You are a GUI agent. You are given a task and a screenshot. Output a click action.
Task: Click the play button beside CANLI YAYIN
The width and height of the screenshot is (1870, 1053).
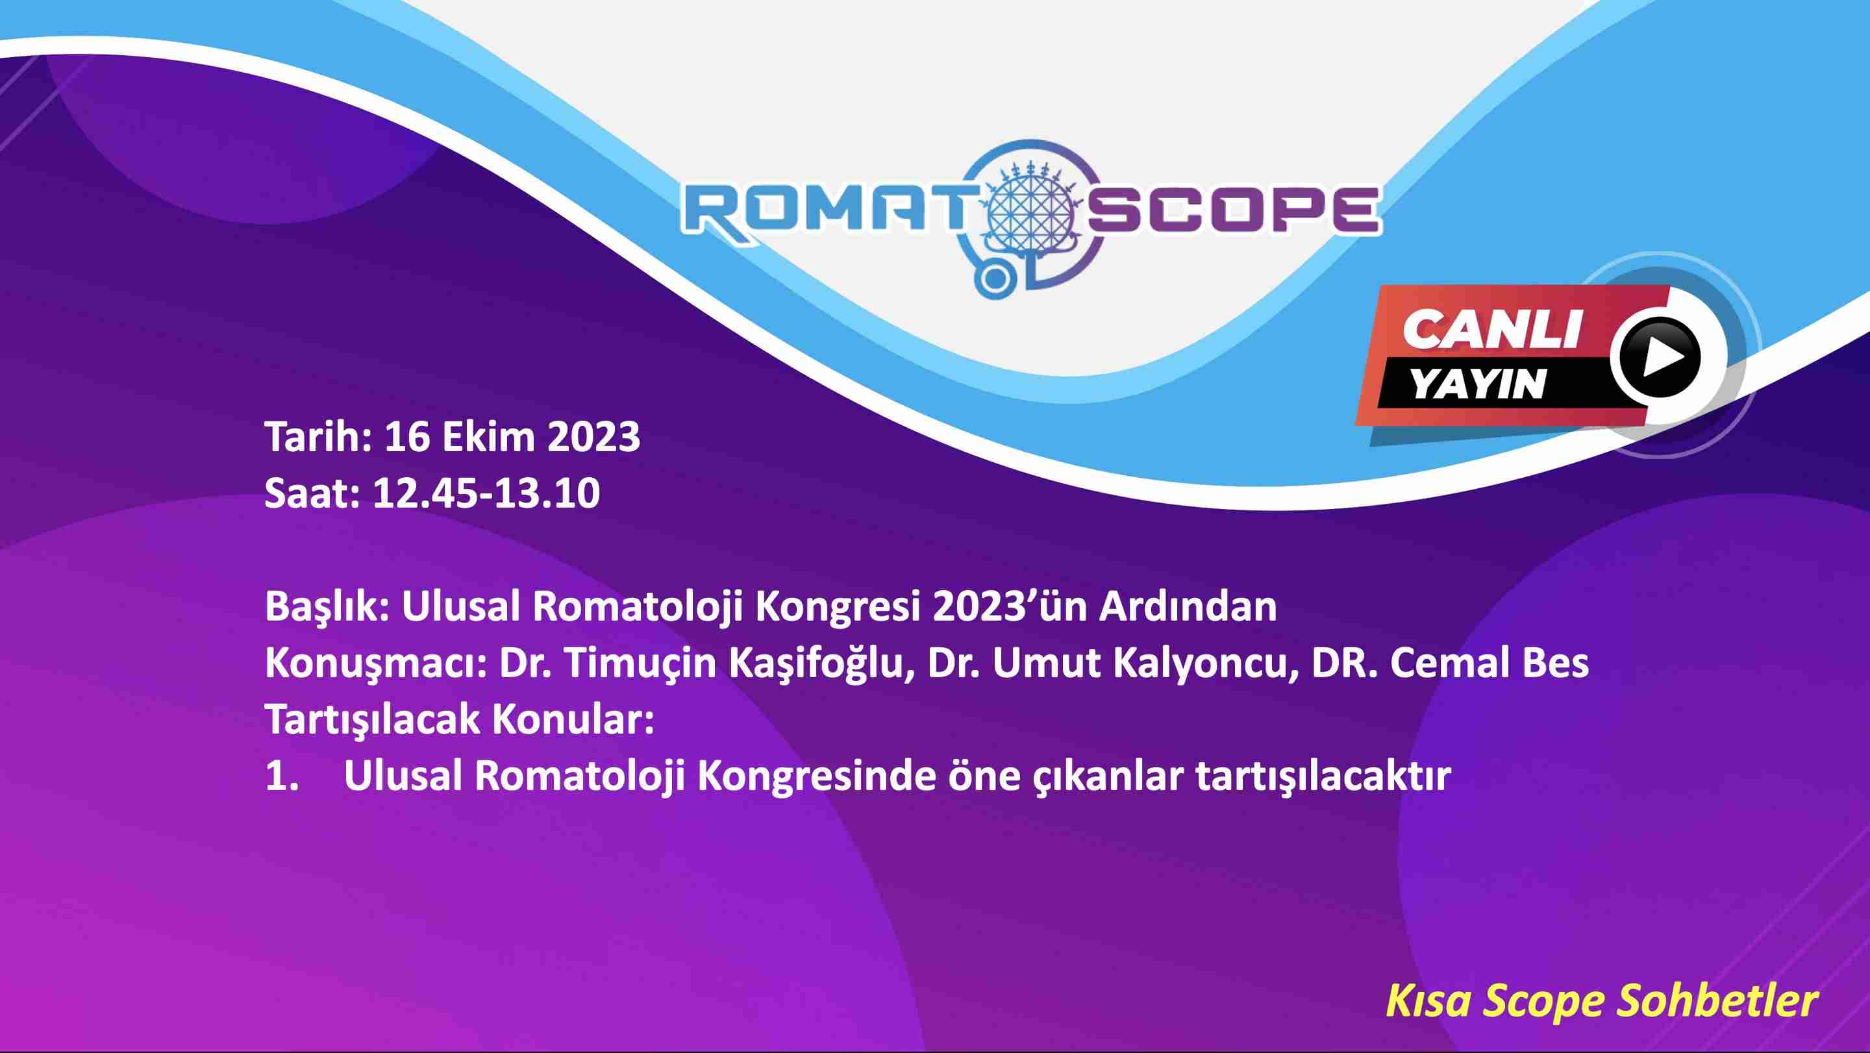[1656, 358]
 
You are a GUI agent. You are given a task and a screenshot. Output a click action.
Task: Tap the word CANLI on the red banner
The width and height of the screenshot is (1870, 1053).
[1492, 330]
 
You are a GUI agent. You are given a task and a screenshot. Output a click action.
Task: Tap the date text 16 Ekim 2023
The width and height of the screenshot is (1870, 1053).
[512, 437]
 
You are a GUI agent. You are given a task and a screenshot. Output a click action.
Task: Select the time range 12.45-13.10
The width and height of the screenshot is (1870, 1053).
[486, 493]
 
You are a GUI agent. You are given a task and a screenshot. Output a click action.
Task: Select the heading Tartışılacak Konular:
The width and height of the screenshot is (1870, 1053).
[460, 720]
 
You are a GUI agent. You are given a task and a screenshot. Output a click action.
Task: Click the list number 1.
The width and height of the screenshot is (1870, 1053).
[282, 776]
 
